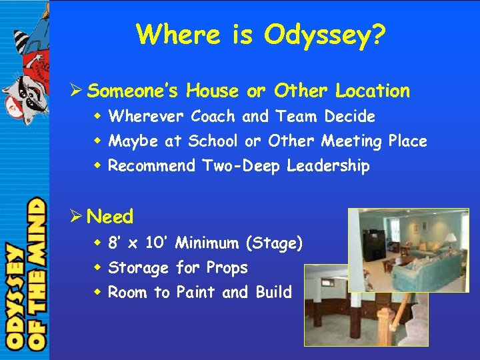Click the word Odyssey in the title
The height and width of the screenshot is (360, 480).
click(317, 35)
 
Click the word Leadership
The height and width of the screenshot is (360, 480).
click(328, 166)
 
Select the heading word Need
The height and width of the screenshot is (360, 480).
click(110, 217)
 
